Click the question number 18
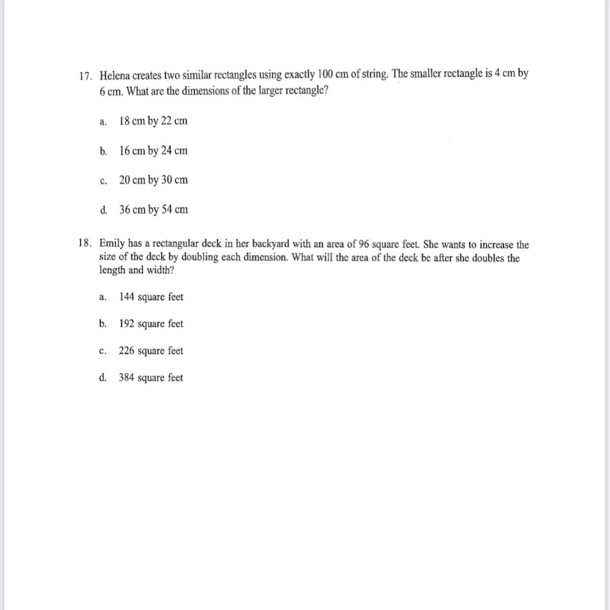85,244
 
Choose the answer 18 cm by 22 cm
153,121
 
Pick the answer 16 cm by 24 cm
153,151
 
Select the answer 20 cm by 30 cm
153,180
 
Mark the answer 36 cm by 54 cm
154,210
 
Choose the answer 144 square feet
151,297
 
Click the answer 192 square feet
151,324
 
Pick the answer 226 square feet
151,351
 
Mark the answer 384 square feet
151,378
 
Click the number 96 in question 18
364,244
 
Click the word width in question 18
159,270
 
